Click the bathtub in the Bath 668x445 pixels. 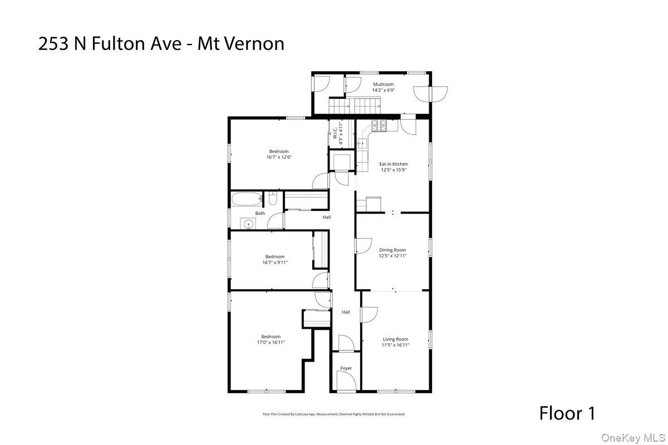245,199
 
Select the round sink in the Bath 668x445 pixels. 248,224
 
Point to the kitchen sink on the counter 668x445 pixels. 363,144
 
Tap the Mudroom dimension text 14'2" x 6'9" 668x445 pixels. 383,90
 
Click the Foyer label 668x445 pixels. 346,368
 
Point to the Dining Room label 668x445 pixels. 392,250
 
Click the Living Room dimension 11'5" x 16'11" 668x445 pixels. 395,345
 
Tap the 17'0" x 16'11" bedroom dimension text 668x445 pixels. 271,343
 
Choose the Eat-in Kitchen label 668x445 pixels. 394,164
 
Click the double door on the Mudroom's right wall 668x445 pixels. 431,93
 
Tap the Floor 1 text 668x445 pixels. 567,413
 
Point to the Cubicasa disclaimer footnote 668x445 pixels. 334,414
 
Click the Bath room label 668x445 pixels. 260,213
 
